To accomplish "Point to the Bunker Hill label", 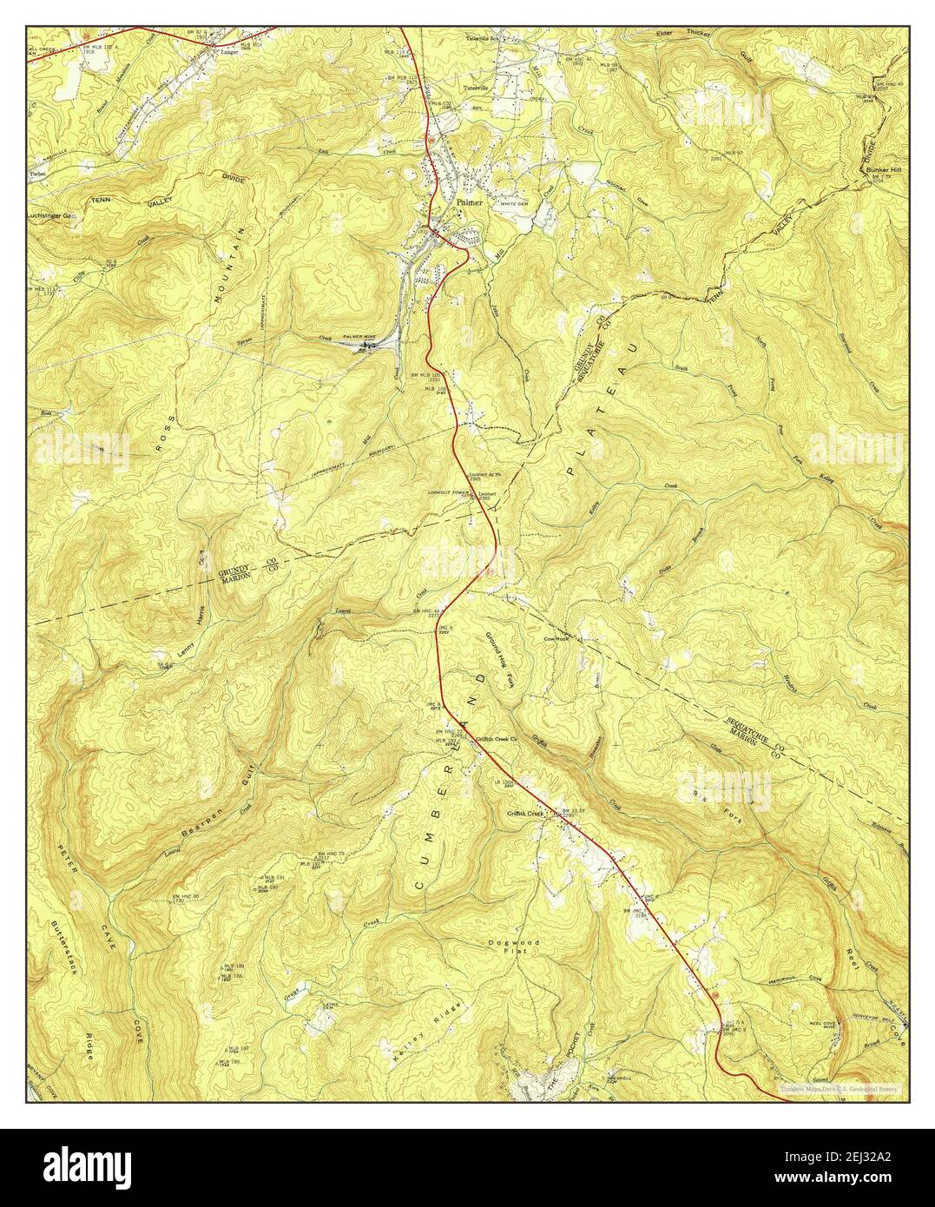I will (883, 169).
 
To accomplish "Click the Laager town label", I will (228, 51).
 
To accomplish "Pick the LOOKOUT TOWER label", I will (448, 492).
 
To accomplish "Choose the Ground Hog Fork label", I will (501, 660).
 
